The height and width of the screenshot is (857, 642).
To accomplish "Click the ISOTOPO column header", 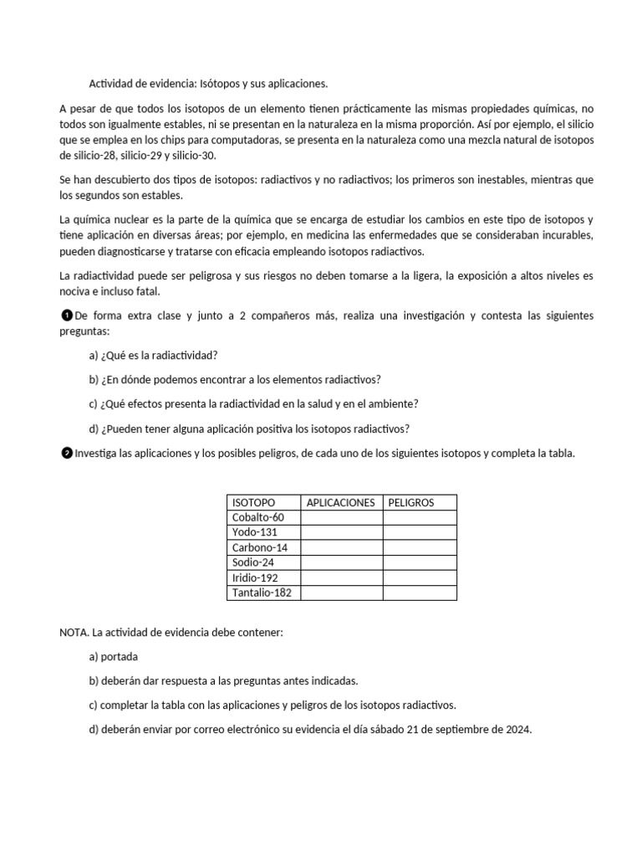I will pyautogui.click(x=253, y=502).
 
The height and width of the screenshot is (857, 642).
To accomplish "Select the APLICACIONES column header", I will pyautogui.click(x=341, y=502).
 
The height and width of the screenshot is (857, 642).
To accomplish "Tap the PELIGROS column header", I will pyautogui.click(x=410, y=502).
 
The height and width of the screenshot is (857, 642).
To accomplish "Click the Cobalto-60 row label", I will pyautogui.click(x=258, y=517).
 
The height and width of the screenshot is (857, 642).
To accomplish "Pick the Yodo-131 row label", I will pyautogui.click(x=254, y=532).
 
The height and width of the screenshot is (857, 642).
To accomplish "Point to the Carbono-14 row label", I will pyautogui.click(x=259, y=547).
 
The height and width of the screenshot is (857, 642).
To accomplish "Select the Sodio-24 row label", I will pyautogui.click(x=252, y=562).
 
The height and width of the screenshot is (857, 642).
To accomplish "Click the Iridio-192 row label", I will pyautogui.click(x=255, y=577).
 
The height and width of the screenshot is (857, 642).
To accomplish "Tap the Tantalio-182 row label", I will pyautogui.click(x=262, y=593).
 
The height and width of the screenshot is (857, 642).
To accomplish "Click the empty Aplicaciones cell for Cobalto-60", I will pyautogui.click(x=341, y=517).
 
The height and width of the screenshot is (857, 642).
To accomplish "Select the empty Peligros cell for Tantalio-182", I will pyautogui.click(x=420, y=593).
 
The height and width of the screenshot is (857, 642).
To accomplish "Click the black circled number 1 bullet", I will pyautogui.click(x=67, y=316).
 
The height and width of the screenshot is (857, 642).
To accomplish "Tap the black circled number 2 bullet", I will pyautogui.click(x=67, y=453).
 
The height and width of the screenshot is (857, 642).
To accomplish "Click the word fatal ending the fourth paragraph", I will pyautogui.click(x=145, y=291).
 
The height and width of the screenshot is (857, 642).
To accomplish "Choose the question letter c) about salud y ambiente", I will pyautogui.click(x=94, y=403).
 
